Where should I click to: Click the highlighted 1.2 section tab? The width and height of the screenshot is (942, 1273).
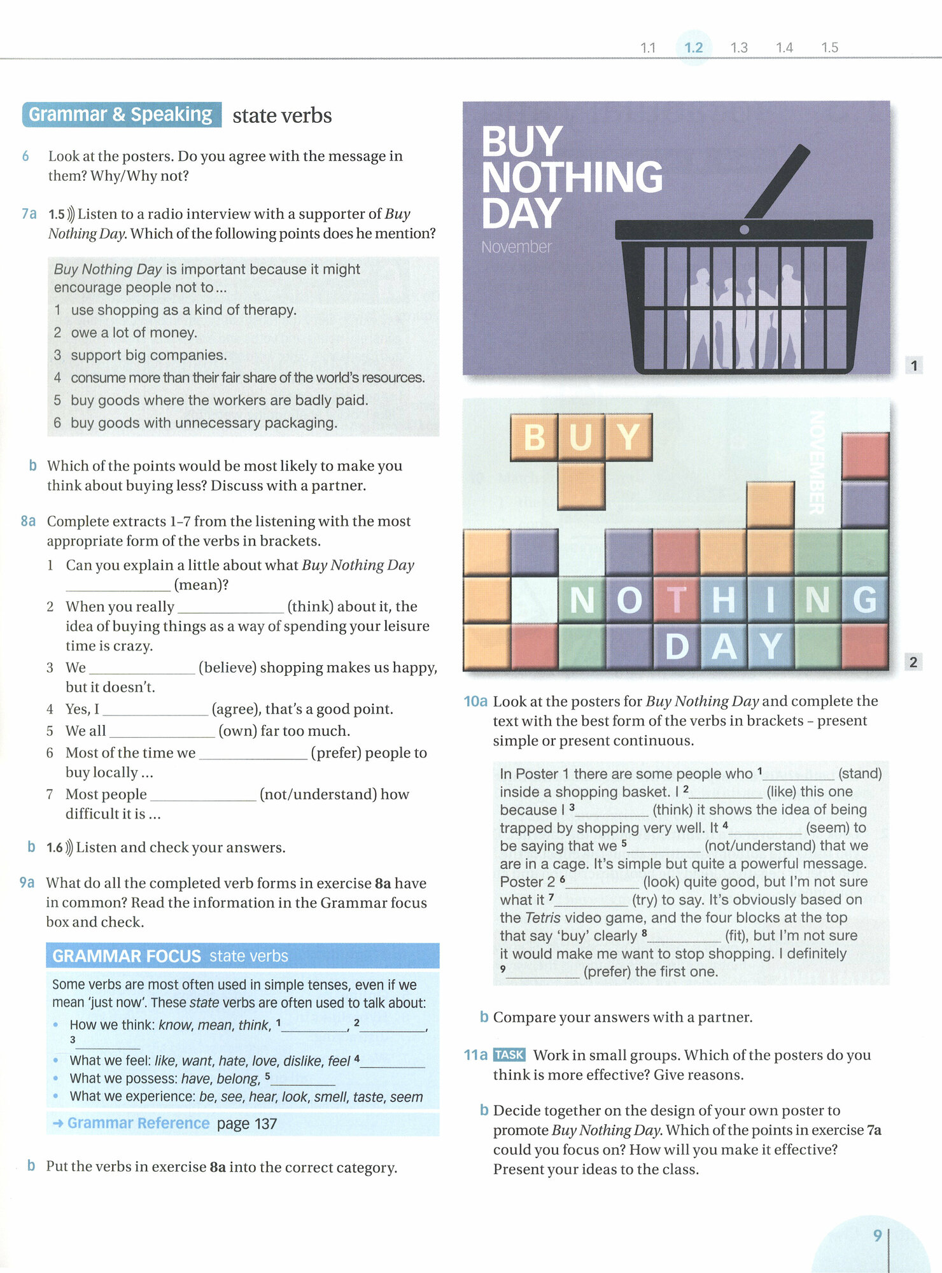(x=693, y=48)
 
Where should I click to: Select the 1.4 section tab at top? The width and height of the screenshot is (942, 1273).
(x=784, y=48)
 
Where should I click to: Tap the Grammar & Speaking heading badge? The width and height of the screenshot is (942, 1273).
(x=121, y=115)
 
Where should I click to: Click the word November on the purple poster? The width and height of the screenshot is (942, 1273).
(x=516, y=247)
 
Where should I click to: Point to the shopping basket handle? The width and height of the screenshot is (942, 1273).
(x=777, y=181)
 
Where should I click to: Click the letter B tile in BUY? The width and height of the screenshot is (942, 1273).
(x=534, y=437)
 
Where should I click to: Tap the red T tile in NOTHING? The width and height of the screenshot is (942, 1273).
(x=676, y=600)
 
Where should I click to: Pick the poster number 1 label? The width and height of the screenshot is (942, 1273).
(x=914, y=365)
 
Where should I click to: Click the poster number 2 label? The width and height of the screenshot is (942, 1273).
(x=913, y=662)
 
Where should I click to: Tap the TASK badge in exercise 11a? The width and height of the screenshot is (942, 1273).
(x=509, y=1055)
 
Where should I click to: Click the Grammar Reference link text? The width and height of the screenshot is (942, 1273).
(x=138, y=1123)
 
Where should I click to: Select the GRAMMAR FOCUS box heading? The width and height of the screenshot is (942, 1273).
(x=127, y=956)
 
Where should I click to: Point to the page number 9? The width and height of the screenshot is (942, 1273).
(x=877, y=1235)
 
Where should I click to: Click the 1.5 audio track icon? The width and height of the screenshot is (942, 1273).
(x=70, y=214)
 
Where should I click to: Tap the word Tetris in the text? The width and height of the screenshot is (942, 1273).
(x=542, y=918)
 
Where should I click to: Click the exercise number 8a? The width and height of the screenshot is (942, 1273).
(x=28, y=521)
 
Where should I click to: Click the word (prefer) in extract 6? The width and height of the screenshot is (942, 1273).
(x=335, y=753)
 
